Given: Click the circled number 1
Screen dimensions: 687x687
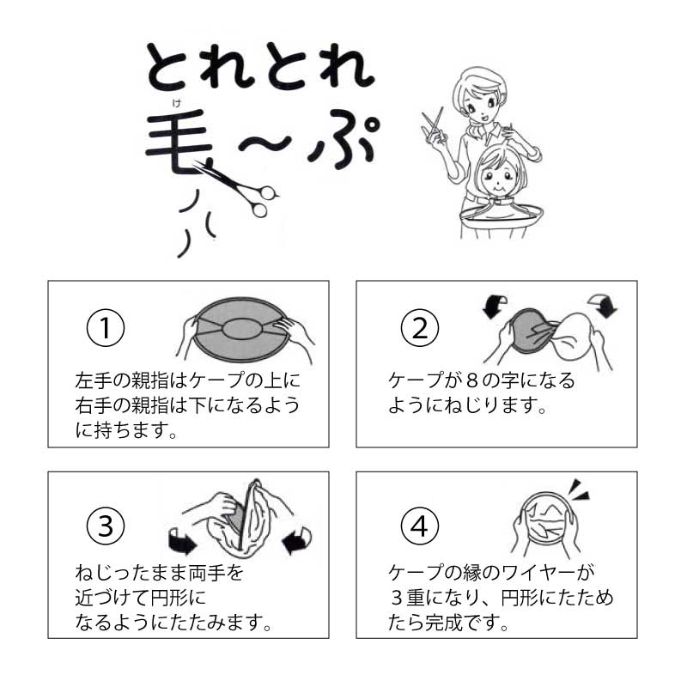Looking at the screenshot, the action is click(x=106, y=328).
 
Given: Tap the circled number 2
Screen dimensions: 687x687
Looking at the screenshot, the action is click(x=420, y=328).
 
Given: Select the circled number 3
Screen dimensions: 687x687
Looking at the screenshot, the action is click(x=106, y=526).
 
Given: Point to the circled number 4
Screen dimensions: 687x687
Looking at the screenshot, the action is click(x=420, y=526).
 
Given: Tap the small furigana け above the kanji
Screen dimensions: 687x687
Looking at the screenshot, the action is click(x=177, y=103).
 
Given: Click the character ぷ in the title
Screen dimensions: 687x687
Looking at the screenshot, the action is click(x=342, y=140).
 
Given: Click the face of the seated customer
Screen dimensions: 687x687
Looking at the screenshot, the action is click(x=499, y=178).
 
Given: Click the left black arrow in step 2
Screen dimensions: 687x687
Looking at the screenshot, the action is click(x=495, y=307).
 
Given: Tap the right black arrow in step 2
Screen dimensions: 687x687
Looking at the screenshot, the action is click(x=604, y=306).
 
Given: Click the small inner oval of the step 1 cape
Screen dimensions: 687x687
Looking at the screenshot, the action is click(x=242, y=329).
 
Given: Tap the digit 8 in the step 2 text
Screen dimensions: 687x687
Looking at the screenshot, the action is click(x=471, y=380).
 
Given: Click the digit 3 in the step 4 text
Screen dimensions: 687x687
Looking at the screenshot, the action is click(x=396, y=598).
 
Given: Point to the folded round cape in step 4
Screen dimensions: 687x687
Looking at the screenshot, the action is click(x=546, y=518).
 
